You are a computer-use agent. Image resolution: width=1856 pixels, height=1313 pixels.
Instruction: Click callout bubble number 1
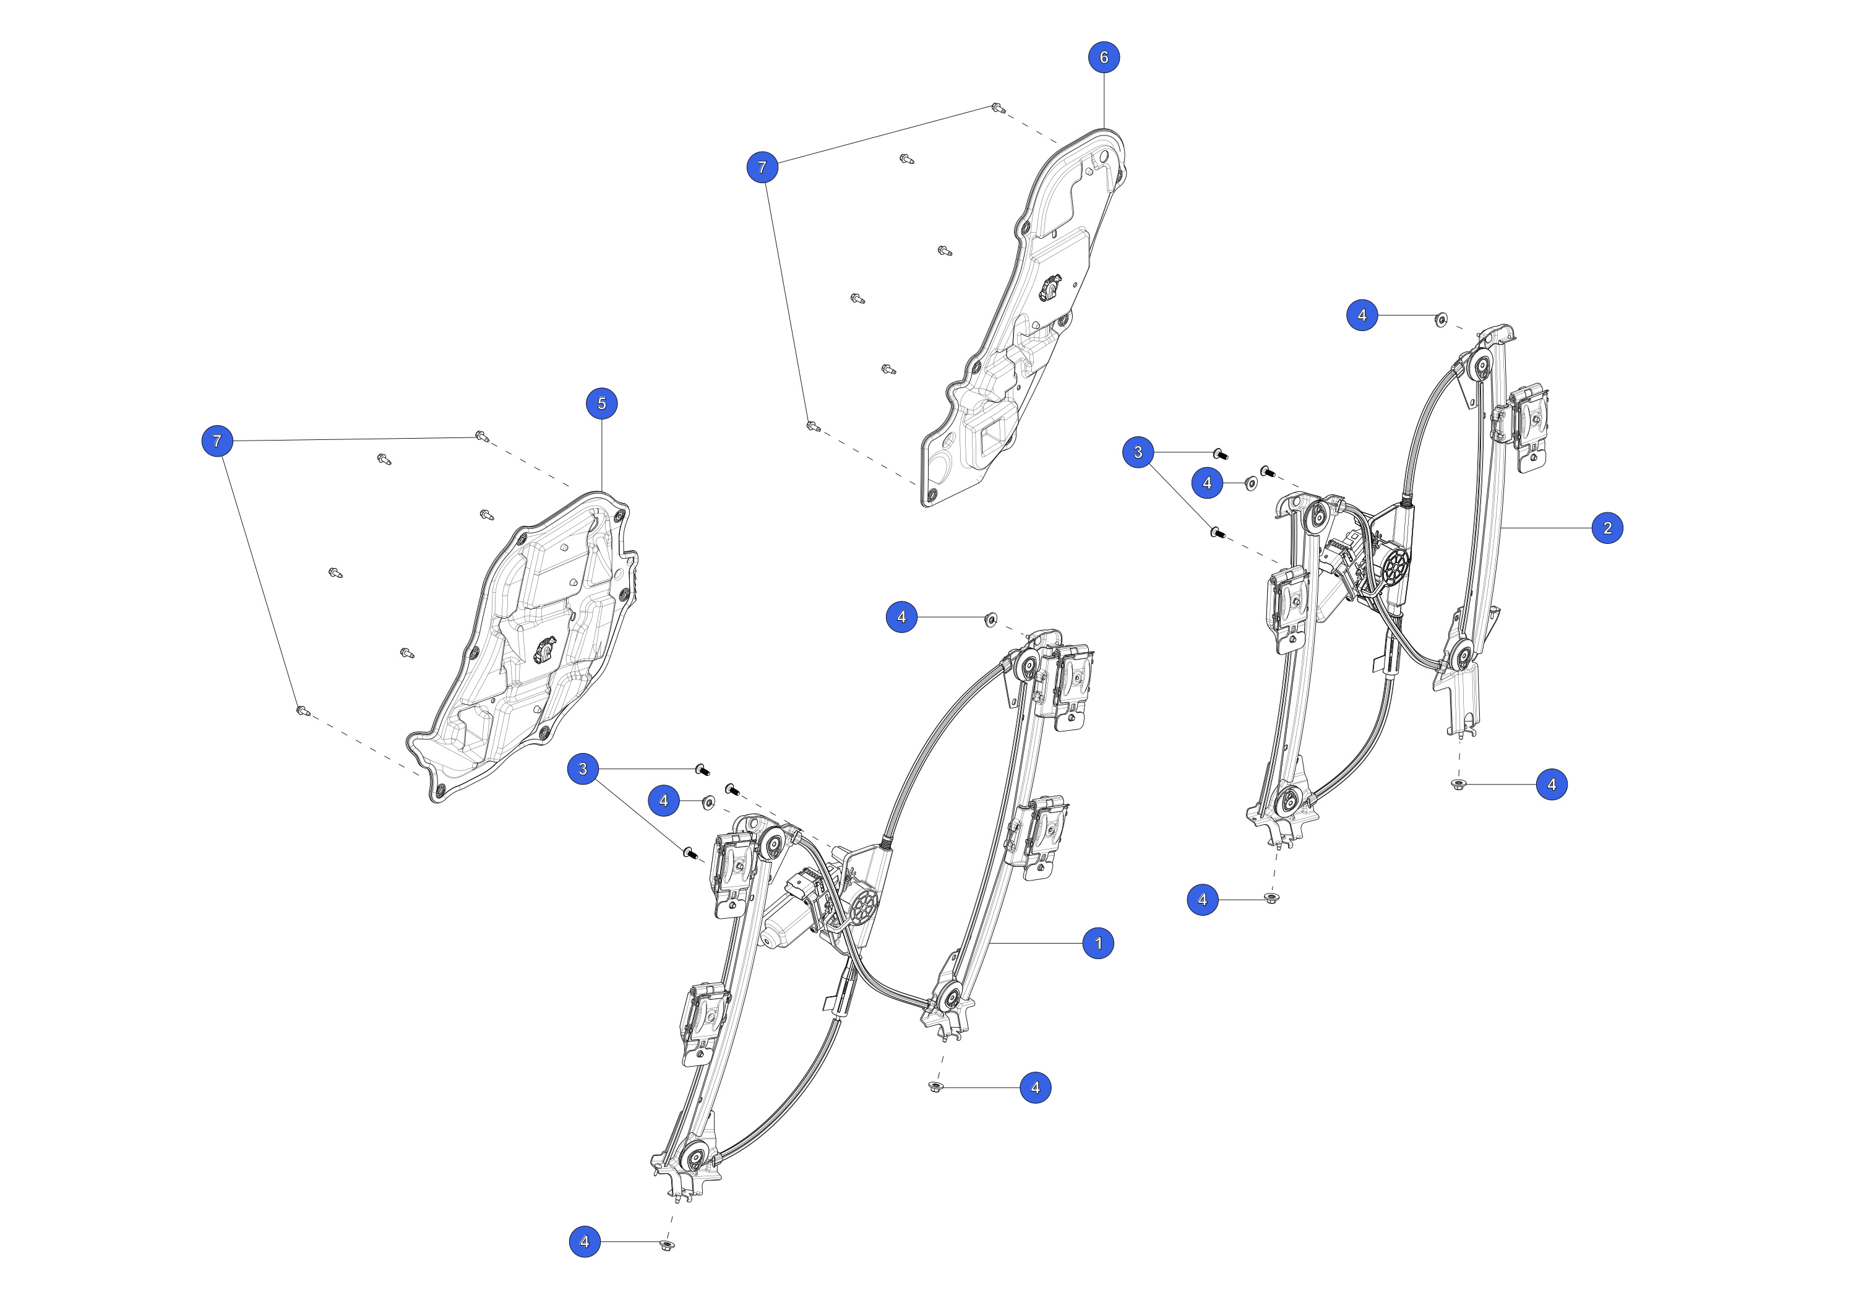click(1098, 943)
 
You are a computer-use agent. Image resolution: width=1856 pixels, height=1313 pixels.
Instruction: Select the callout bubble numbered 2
click(1607, 528)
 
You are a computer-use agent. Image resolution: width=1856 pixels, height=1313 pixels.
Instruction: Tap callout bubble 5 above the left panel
click(601, 403)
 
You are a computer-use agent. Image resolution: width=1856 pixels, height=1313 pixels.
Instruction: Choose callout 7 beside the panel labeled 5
click(217, 441)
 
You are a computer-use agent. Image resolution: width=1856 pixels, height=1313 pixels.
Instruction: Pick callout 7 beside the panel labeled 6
click(762, 167)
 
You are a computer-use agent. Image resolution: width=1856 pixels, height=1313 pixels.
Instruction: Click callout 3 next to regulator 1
click(583, 769)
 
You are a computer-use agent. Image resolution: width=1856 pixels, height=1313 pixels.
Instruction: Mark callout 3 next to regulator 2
click(1138, 452)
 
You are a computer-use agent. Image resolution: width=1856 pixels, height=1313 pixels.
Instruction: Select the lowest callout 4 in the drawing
click(585, 1241)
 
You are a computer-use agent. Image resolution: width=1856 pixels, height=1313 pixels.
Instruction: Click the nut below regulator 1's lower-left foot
click(667, 1244)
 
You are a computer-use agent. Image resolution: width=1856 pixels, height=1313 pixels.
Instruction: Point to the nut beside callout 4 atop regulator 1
click(990, 619)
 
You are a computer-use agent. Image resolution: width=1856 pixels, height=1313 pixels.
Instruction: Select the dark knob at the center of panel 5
click(546, 647)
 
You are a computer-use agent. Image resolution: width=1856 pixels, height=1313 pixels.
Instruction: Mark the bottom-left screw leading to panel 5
click(303, 711)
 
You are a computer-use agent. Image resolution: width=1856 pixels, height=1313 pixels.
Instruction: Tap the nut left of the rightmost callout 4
click(1458, 784)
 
